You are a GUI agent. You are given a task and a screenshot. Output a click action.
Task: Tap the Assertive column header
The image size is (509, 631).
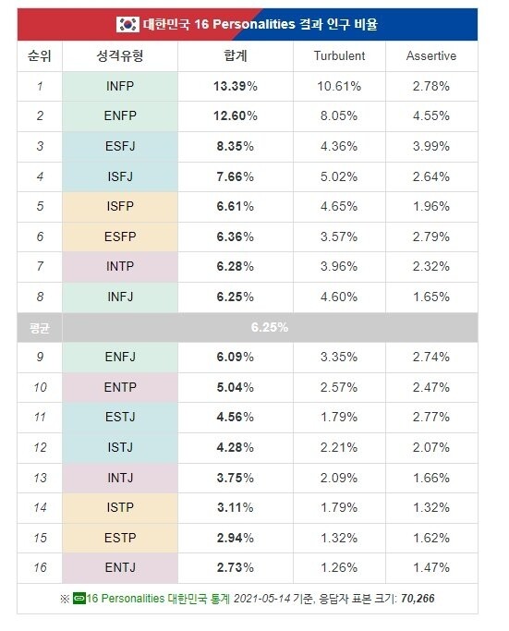point(430,56)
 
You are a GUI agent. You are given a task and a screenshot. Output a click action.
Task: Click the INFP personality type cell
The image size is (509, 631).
point(120,87)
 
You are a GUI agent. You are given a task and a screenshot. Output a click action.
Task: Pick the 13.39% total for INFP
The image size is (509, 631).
point(235,87)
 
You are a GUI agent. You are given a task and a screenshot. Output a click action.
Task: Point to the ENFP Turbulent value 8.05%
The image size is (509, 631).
point(338,116)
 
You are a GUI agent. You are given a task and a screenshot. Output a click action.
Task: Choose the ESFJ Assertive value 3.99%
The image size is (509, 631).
point(430,147)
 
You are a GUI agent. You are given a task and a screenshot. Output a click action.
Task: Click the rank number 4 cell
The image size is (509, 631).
point(40,176)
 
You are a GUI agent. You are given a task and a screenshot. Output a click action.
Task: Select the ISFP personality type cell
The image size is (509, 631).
point(120,207)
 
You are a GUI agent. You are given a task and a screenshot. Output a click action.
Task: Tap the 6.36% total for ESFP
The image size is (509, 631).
point(235,237)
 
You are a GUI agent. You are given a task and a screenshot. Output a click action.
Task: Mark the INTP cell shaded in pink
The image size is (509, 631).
point(120,267)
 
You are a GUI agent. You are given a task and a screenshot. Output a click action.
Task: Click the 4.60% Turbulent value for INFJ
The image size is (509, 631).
point(338,297)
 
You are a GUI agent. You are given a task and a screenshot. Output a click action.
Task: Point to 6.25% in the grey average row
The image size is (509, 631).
point(269,327)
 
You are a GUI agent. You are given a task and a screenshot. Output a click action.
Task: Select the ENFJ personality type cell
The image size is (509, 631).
point(120,358)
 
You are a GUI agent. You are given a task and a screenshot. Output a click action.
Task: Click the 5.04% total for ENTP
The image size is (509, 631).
point(235,387)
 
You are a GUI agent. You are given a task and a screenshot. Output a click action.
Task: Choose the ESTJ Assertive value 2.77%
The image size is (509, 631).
point(430,418)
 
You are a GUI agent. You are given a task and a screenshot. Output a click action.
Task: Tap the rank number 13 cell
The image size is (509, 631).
point(40,478)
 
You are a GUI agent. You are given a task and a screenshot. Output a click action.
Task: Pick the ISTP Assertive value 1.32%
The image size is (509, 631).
point(430,507)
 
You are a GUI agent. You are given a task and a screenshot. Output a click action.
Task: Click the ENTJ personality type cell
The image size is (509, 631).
point(120,567)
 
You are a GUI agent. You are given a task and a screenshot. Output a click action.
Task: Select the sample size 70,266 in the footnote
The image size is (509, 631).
point(417,599)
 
